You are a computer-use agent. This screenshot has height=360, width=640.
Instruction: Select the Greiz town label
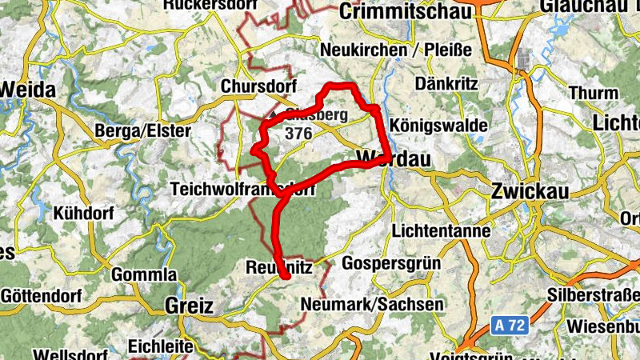[189, 305]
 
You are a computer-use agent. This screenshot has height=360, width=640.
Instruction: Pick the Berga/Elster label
[142, 130]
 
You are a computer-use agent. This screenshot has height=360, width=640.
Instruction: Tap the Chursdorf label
[258, 86]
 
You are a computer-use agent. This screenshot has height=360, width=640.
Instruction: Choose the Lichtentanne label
[442, 231]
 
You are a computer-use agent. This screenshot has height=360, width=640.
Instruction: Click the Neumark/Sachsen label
[372, 305]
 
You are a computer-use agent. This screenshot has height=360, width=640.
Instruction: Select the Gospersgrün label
[392, 263]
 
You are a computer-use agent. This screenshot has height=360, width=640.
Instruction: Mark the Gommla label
[144, 275]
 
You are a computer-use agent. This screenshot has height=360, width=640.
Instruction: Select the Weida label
[28, 90]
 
